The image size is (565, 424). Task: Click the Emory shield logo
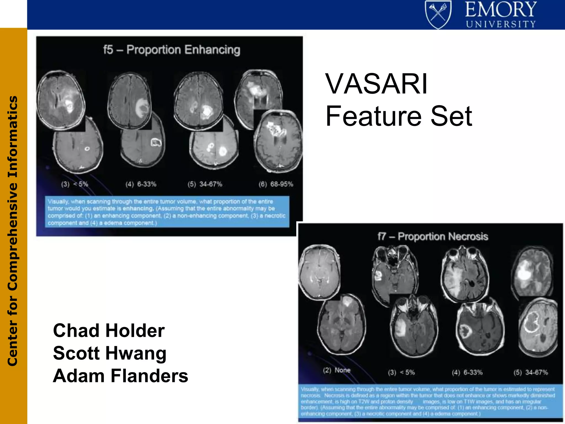click(438, 14)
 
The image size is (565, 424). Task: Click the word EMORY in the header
click(501, 10)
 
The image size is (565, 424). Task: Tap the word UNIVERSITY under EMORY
click(501, 24)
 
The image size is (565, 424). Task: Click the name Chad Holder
click(109, 330)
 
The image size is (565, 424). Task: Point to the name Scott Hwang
click(110, 353)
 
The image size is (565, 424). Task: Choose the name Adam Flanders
click(120, 376)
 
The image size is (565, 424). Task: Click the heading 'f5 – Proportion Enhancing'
click(172, 50)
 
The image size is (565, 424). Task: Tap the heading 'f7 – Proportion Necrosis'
click(433, 237)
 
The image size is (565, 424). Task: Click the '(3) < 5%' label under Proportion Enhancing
click(74, 184)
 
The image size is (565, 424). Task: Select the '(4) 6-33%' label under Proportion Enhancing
click(141, 184)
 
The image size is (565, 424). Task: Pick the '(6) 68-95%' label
click(276, 184)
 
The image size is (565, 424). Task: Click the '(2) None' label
click(337, 370)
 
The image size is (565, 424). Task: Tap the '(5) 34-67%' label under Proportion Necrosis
click(531, 372)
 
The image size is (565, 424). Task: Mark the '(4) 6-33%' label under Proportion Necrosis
click(467, 372)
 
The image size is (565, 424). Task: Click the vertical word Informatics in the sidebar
click(13, 137)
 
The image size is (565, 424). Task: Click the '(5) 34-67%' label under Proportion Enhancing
click(205, 184)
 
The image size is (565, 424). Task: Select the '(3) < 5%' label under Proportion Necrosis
click(401, 372)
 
